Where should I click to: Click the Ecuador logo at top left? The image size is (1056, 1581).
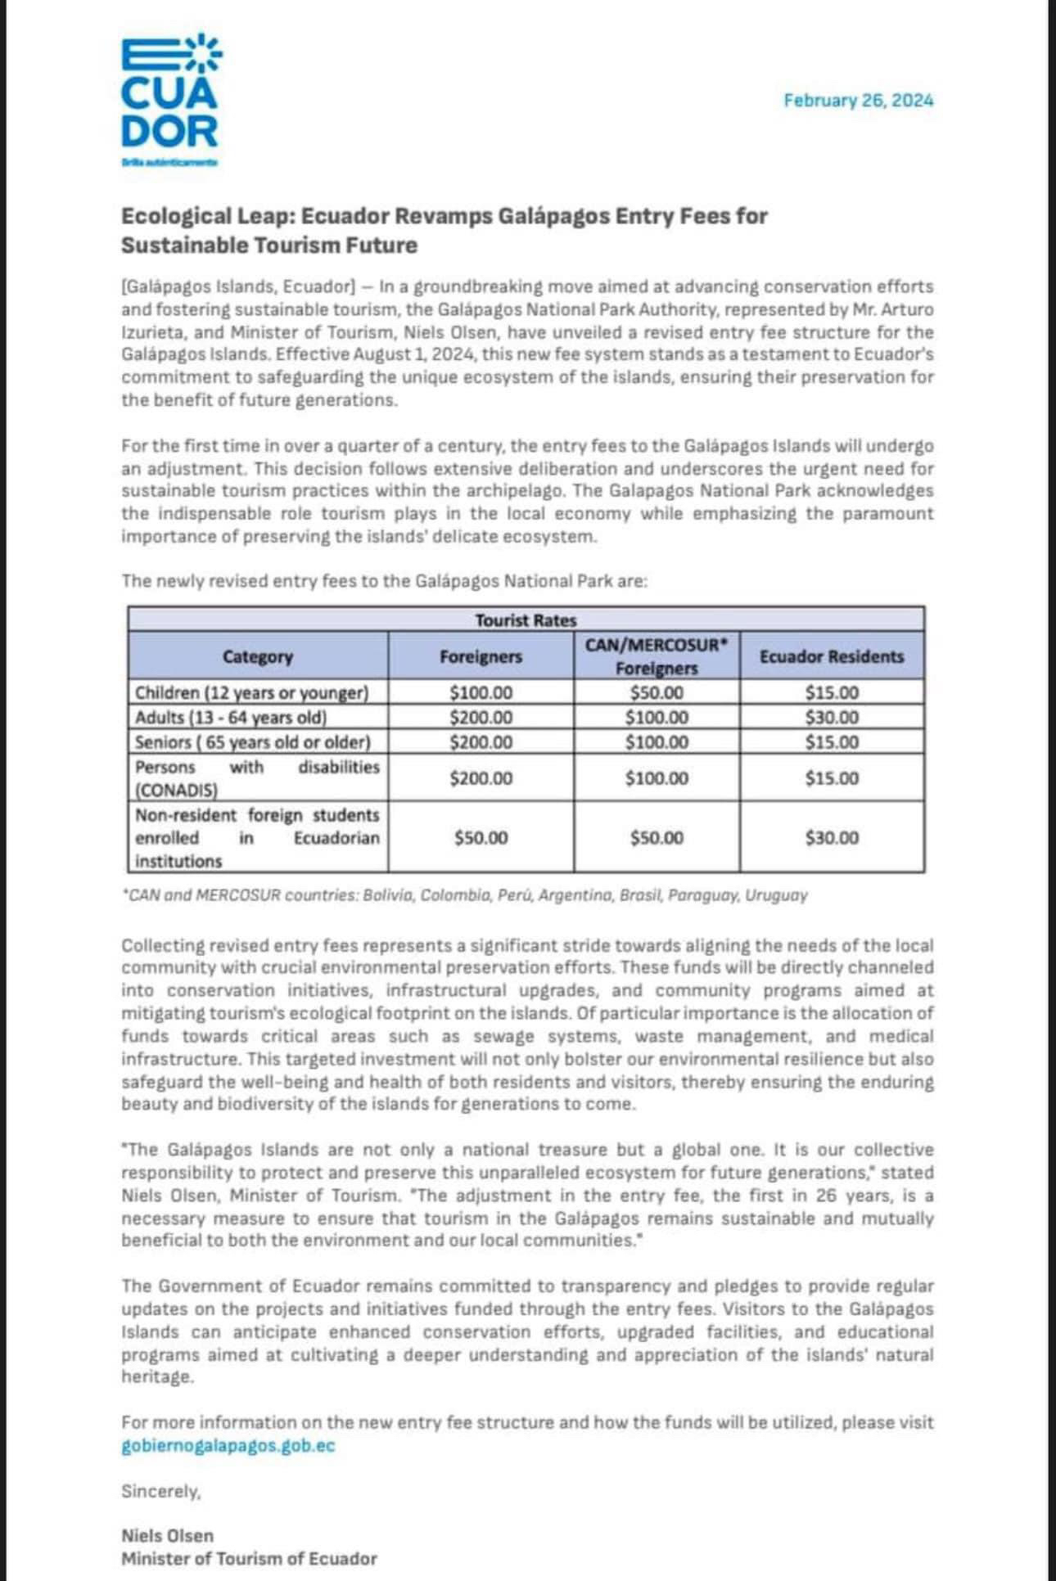tap(170, 98)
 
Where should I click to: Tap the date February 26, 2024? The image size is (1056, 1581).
tap(858, 101)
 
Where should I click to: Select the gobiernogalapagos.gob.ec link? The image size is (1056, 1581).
tap(228, 1446)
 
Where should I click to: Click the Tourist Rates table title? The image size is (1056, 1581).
tap(526, 620)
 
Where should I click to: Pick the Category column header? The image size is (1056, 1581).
tap(258, 656)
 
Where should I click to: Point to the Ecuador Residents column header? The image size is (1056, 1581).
tap(832, 656)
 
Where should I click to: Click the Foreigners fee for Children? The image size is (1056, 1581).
tap(481, 692)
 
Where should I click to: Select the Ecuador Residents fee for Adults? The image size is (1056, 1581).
tap(832, 718)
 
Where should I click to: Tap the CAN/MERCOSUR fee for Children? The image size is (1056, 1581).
tap(657, 692)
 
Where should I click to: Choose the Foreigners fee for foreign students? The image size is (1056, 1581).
tap(481, 838)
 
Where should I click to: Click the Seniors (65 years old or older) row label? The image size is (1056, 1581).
tap(253, 742)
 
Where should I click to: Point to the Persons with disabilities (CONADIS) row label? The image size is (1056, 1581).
tap(257, 778)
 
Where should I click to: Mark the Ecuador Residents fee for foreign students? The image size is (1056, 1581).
tap(832, 838)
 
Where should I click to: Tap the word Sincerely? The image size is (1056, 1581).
tap(160, 1492)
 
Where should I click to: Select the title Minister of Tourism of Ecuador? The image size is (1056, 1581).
tap(249, 1559)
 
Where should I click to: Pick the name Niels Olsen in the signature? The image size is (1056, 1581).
tap(167, 1536)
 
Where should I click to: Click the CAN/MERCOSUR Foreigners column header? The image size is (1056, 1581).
tap(657, 656)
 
